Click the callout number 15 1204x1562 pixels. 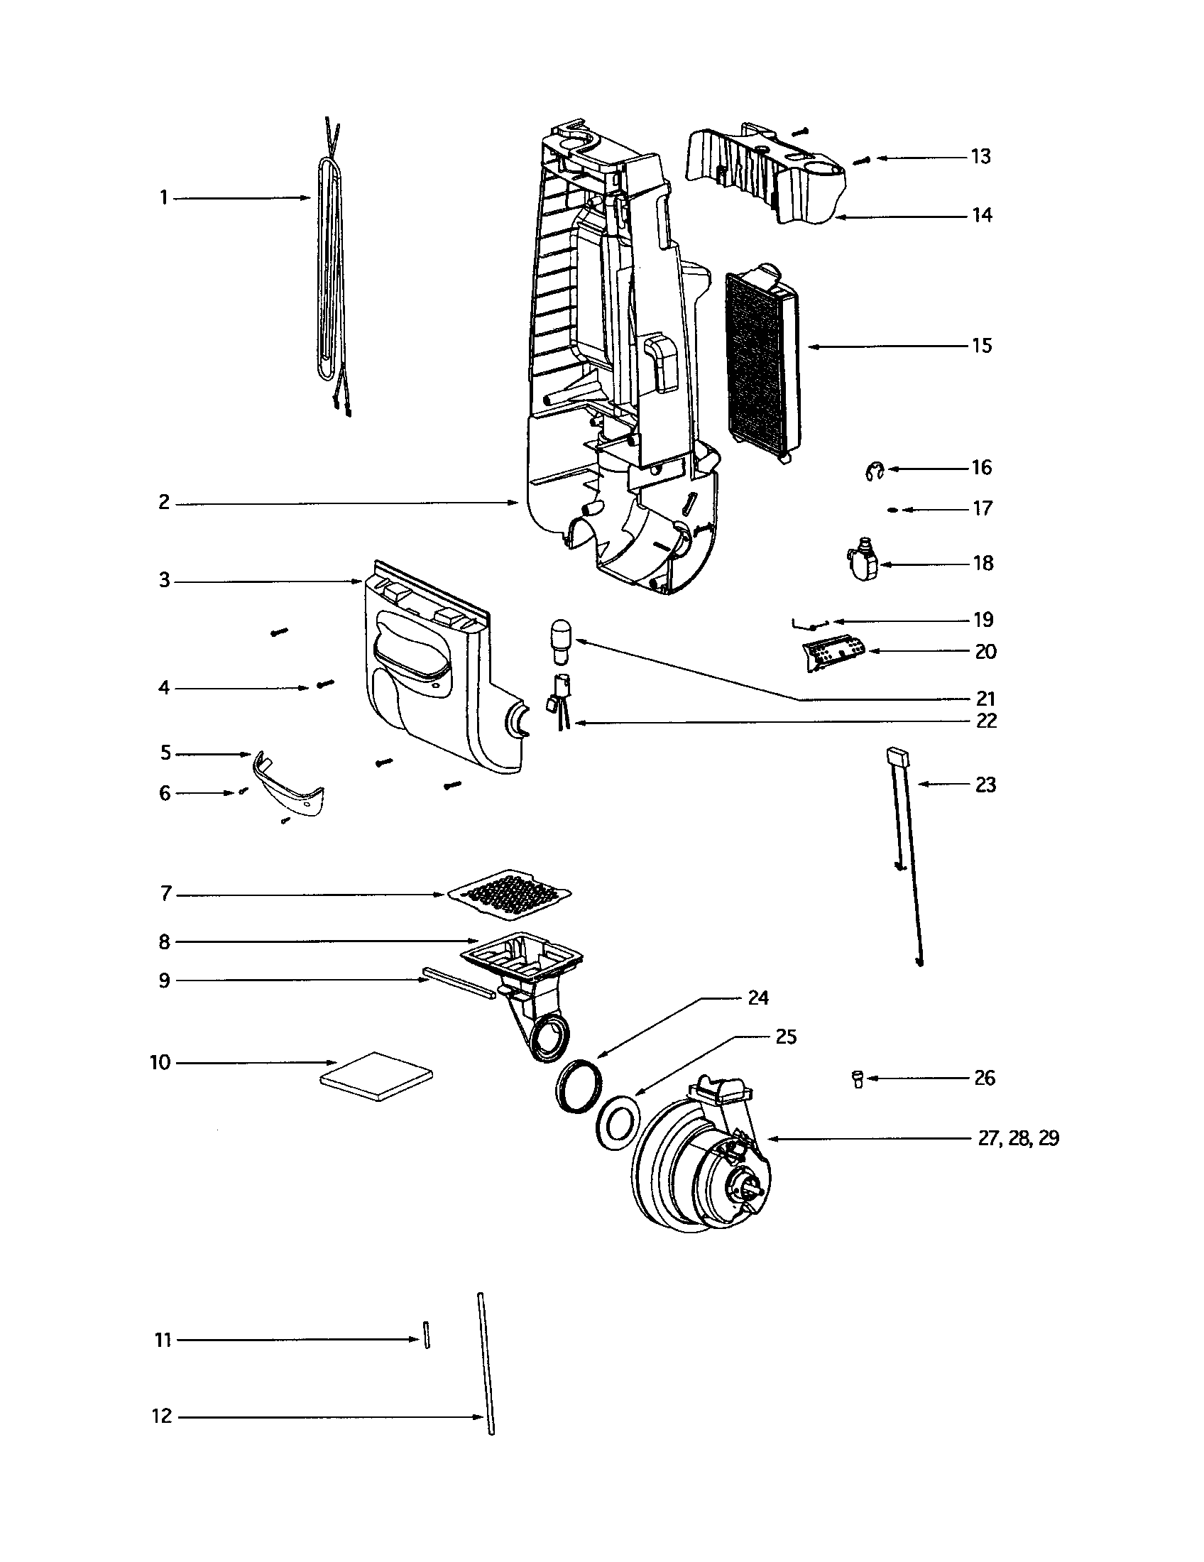click(982, 346)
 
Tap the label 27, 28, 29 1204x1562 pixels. click(1018, 1139)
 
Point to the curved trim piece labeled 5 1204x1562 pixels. click(288, 785)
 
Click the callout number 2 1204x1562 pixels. click(164, 503)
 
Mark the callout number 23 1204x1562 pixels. click(985, 785)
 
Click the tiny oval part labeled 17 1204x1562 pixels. click(892, 510)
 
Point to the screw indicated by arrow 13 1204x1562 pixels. click(862, 162)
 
